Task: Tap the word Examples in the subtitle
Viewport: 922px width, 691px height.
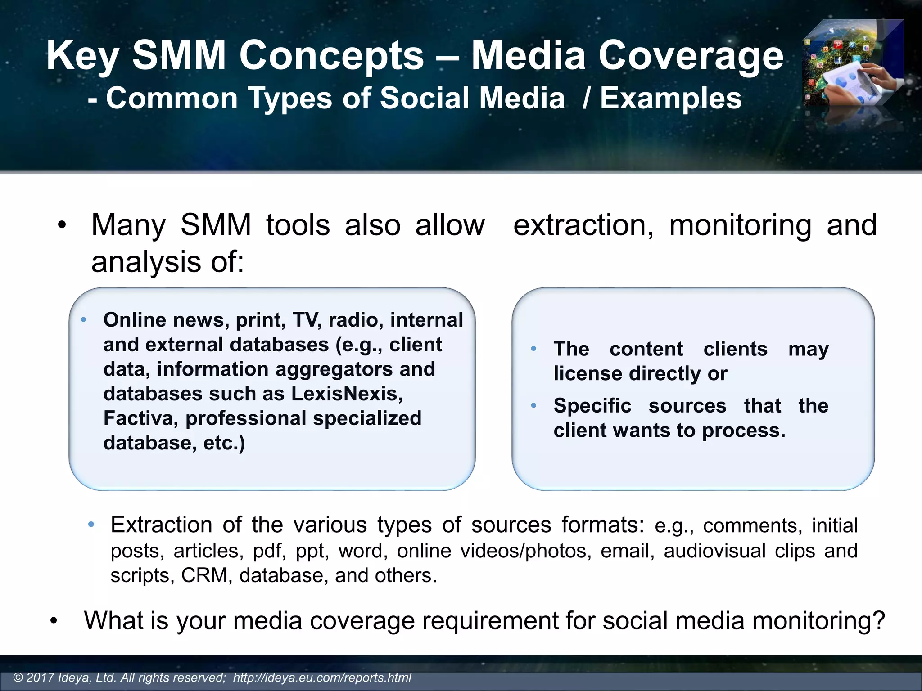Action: coord(670,98)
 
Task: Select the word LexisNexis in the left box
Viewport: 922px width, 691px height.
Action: coord(347,394)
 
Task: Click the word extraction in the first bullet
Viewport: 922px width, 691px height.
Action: coord(583,225)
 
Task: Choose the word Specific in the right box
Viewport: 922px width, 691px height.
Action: coord(592,406)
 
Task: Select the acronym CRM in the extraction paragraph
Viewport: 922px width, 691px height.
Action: coord(204,575)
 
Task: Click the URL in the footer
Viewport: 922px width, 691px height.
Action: coord(322,678)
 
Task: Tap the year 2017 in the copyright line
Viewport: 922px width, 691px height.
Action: coord(41,678)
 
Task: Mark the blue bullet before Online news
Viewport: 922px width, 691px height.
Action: coord(83,320)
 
